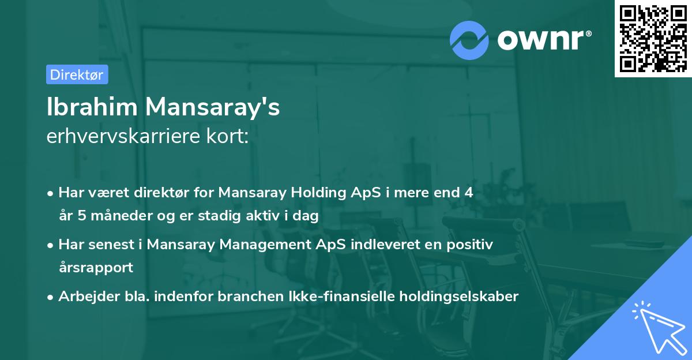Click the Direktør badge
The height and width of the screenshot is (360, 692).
point(77,74)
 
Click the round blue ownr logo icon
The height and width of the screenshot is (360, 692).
point(469,40)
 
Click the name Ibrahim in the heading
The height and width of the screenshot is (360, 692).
point(92,107)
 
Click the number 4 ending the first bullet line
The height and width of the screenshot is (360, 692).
point(460,193)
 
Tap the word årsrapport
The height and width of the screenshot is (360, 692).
point(96,268)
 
